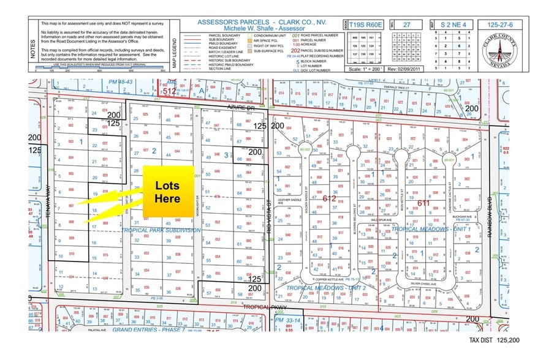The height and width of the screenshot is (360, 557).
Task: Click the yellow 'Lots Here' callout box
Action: pos(167,192)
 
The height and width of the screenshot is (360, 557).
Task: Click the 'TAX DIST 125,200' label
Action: pos(494,339)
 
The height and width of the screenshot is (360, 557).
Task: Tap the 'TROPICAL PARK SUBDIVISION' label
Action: pos(161,230)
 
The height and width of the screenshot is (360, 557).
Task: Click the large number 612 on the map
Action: pos(329,198)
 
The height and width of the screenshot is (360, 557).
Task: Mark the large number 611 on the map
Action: pos(423,203)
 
